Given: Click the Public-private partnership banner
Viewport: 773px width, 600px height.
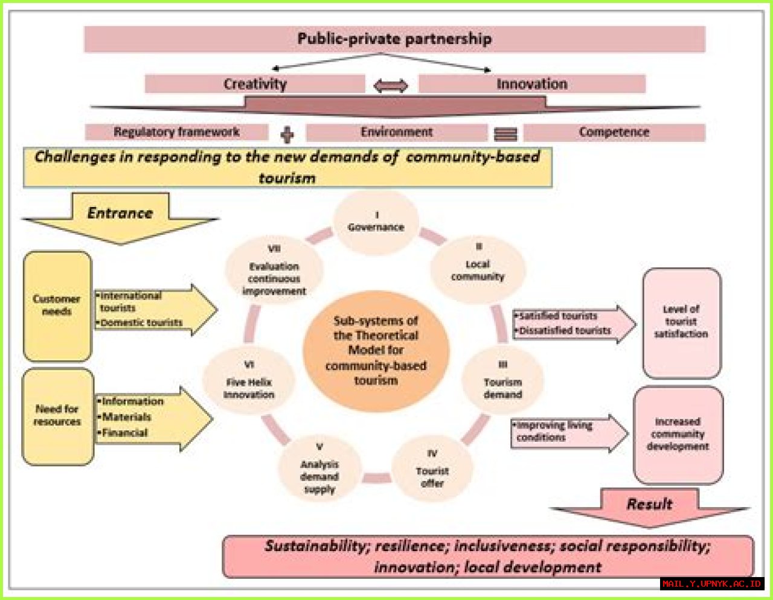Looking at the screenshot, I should click(394, 39).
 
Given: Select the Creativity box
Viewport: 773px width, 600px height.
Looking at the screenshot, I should click(255, 84).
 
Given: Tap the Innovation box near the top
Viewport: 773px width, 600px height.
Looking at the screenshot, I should click(531, 84).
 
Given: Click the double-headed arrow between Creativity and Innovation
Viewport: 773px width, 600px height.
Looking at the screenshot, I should click(391, 86).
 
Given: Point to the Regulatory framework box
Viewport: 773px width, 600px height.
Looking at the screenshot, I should click(176, 132).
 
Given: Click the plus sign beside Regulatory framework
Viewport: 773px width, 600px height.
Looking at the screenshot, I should click(287, 134).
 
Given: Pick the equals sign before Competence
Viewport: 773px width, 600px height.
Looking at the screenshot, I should click(505, 134).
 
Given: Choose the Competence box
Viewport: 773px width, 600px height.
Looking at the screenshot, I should click(614, 132).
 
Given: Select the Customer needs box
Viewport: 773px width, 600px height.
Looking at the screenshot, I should click(57, 306).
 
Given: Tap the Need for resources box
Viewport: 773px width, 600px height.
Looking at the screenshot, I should click(57, 416).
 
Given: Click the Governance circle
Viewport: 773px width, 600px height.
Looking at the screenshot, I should click(376, 222).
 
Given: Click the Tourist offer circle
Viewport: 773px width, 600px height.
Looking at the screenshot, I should click(432, 470).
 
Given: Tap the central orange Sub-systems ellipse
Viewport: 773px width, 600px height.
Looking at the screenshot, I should click(376, 351).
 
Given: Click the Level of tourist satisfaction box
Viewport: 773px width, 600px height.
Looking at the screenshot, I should click(681, 322).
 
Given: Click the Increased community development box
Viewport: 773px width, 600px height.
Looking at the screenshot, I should click(678, 435).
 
